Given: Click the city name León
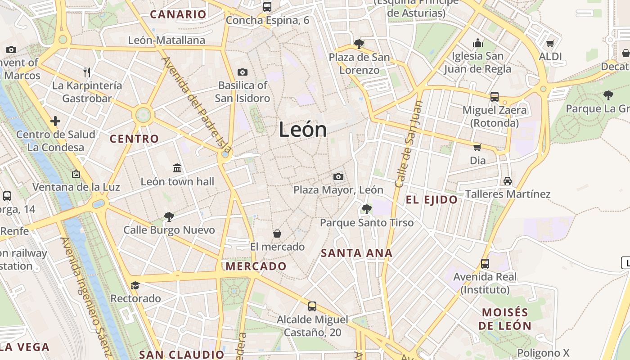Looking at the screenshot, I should point(302,130).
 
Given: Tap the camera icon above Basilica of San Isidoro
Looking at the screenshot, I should point(242,72).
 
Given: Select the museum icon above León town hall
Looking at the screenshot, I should point(177,168).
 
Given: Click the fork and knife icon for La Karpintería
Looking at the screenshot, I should point(87,72).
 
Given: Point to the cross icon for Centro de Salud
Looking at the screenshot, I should point(55,121).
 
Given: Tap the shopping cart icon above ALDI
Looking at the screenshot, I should point(550,44).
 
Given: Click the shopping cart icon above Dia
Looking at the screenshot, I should point(477,147).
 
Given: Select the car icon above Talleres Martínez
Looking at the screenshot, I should point(508,181).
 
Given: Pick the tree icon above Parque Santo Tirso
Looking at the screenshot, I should point(366,209).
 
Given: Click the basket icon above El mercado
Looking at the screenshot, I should point(277,234).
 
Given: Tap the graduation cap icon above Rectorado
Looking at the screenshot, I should point(135,285).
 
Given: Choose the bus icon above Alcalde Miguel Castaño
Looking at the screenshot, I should point(312,306).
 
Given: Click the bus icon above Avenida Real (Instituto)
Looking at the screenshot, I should point(485,263).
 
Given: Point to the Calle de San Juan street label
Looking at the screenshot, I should point(409,144).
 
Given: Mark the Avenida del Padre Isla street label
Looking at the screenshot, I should point(196,104).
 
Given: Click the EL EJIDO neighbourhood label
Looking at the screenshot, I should point(432,200).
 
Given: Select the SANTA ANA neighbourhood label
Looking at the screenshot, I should point(356,253).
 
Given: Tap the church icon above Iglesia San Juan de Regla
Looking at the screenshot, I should point(478,43).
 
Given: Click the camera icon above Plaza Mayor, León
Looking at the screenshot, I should point(338,176).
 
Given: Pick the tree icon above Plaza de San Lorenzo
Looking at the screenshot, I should point(359,44).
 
